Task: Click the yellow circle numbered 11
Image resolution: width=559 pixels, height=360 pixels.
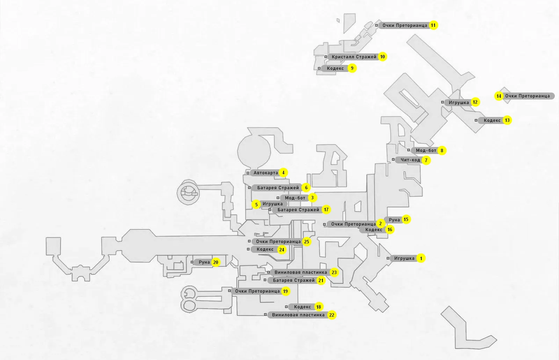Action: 433,25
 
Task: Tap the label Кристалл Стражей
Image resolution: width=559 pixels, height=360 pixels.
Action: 354,57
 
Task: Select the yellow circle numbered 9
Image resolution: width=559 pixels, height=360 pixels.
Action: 352,68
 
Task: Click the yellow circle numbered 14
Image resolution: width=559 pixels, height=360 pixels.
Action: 499,96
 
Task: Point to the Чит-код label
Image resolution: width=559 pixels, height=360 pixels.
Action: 410,160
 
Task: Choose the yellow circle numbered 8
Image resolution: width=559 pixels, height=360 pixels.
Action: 442,150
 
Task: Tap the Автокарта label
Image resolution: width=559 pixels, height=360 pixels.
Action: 266,172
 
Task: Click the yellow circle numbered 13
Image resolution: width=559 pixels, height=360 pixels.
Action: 507,120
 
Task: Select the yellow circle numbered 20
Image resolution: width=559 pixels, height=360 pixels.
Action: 216,262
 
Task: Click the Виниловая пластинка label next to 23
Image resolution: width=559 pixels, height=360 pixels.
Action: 301,272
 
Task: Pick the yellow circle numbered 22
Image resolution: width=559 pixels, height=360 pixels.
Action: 332,315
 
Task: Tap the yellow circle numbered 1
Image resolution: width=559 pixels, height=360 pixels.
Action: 421,258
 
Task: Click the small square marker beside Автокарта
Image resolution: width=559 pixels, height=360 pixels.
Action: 248,173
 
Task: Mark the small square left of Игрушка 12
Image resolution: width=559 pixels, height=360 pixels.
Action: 442,102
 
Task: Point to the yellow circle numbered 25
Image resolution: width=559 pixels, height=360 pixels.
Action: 306,242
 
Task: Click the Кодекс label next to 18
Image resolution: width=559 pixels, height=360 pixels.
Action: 303,307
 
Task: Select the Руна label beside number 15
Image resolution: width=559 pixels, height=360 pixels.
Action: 394,220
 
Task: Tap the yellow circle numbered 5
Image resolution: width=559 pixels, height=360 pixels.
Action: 256,205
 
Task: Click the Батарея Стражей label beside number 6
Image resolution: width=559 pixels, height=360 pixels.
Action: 278,188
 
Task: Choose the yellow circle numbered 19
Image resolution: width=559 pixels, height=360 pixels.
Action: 285,291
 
